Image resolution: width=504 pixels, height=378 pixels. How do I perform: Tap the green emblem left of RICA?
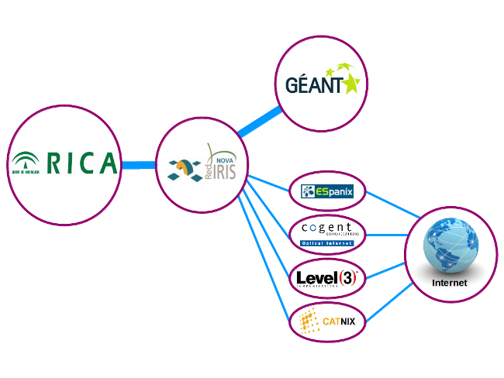pos(26,162)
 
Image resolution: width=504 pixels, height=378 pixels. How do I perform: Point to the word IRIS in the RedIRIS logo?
pos(226,167)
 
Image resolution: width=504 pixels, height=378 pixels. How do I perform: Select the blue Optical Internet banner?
pos(326,242)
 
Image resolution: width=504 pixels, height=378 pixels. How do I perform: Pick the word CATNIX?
pos(339,321)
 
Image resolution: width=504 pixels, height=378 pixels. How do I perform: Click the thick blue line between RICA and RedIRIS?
pos(138,164)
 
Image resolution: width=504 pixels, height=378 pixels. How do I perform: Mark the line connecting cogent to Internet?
pos(385,234)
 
